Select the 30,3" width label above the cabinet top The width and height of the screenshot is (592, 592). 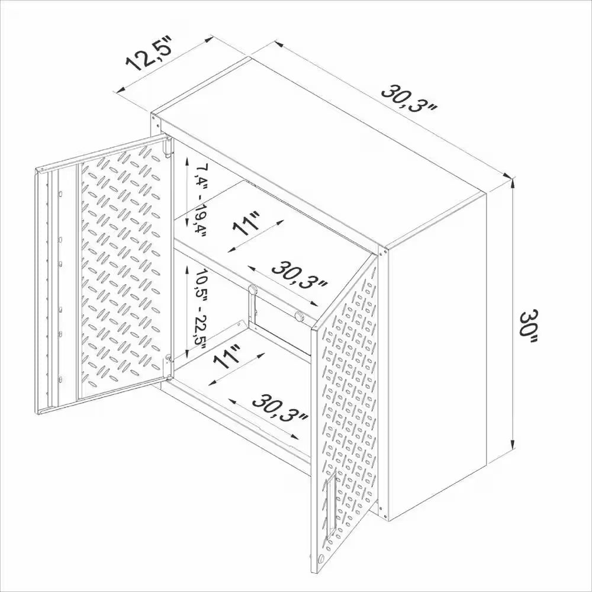(x=408, y=101)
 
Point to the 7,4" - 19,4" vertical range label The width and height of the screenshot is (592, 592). (x=197, y=201)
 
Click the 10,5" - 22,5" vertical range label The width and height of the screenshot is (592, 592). (x=198, y=308)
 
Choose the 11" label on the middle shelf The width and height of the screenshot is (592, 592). (x=247, y=223)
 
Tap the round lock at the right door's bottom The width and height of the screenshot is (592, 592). (x=321, y=559)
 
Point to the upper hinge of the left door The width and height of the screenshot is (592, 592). (x=168, y=146)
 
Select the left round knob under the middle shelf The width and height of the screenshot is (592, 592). (x=252, y=289)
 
